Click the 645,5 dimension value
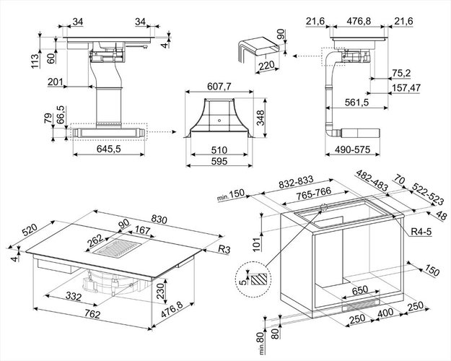[x=108, y=150]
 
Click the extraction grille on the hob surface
[x=114, y=251]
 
